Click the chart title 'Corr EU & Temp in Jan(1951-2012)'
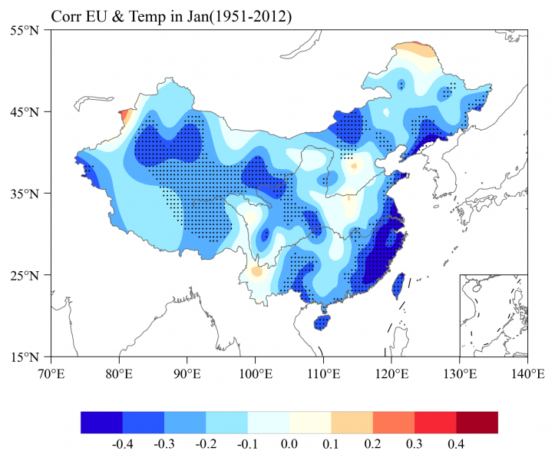click(171, 16)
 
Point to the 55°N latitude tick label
click(29, 30)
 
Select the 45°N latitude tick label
click(29, 112)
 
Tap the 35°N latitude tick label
click(29, 194)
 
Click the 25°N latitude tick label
click(29, 275)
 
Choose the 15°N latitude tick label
click(29, 357)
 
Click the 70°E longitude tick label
click(51, 373)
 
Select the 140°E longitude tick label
click(527, 373)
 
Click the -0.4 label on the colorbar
click(122, 443)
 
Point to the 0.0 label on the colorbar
click(289, 443)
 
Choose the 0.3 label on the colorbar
click(415, 443)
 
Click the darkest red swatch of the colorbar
click(477, 422)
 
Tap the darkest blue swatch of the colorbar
click(101, 422)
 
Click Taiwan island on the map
click(399, 286)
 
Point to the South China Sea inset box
click(494, 315)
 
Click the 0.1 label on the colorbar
click(331, 443)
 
